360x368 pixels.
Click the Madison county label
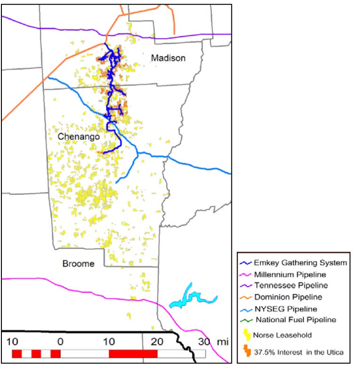pyautogui.click(x=168, y=58)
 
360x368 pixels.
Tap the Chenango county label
pyautogui.click(x=79, y=136)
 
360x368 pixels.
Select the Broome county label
pyautogui.click(x=78, y=264)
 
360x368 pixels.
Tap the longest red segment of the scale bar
pyautogui.click(x=133, y=353)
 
